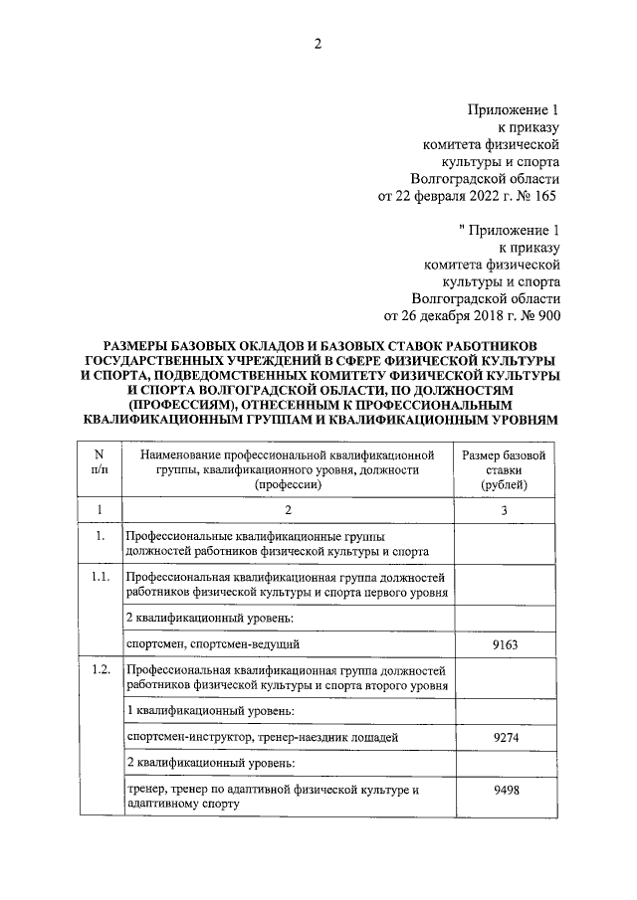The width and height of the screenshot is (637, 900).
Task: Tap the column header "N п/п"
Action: point(99,462)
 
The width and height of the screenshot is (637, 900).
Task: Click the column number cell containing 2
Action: point(288,510)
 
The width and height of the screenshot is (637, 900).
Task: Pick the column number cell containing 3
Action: point(504,510)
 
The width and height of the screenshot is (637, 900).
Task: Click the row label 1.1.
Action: point(99,577)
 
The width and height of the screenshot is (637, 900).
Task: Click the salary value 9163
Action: point(504,644)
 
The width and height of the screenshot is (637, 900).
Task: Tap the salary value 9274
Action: point(504,738)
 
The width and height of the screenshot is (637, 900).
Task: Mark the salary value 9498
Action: point(504,791)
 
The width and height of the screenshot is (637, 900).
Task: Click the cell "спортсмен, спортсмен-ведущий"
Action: point(214,644)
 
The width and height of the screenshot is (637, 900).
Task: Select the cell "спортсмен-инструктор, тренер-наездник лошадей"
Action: point(262,738)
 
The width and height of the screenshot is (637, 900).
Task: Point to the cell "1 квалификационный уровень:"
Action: point(210,711)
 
